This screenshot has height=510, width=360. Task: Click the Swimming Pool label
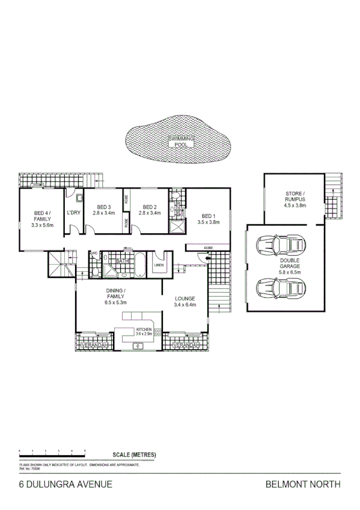[x=177, y=142]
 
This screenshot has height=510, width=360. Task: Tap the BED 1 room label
[x=209, y=219]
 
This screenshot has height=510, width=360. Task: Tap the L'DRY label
[x=73, y=213]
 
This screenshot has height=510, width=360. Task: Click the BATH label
[x=123, y=261]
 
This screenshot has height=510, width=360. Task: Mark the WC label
[x=94, y=253]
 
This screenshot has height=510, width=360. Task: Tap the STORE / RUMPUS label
[x=294, y=199]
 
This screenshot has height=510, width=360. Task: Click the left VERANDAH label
[x=93, y=345]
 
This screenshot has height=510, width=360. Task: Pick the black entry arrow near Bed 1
[x=208, y=259]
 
